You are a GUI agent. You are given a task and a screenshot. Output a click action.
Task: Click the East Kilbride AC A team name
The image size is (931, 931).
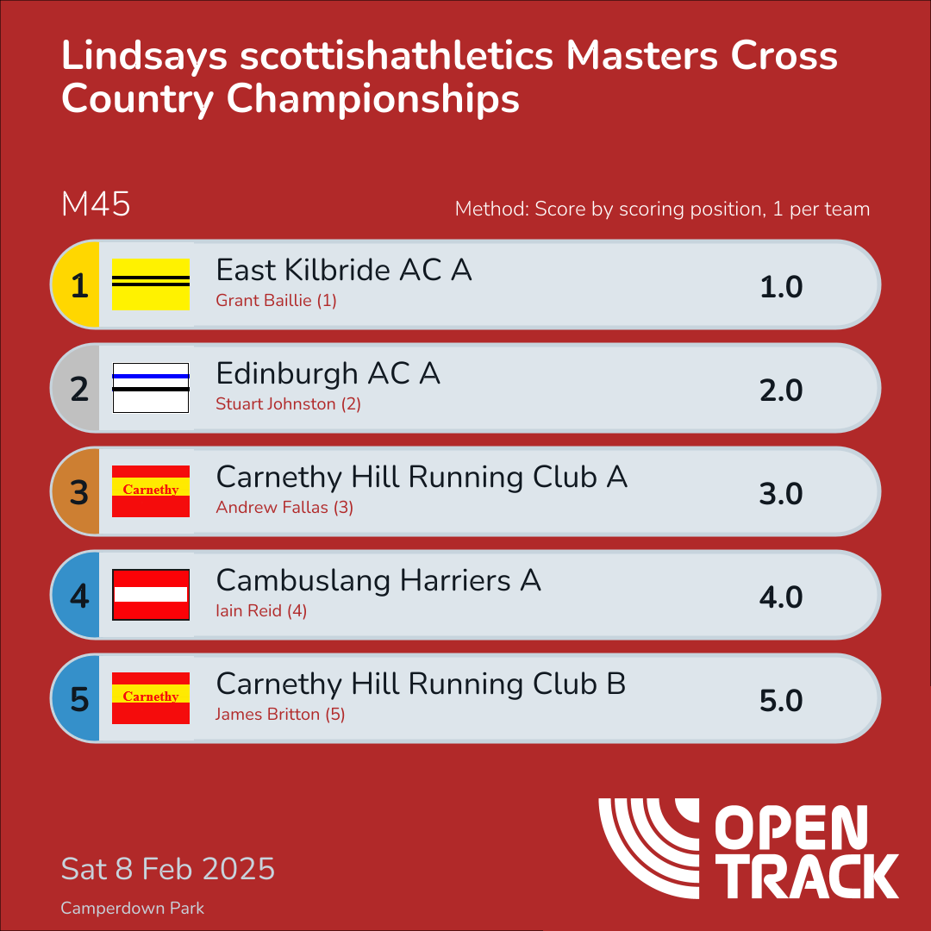pos(343,271)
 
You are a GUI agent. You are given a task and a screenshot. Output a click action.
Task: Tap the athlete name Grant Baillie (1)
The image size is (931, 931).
pos(276,301)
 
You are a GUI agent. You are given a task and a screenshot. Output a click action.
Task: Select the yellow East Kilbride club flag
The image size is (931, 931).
pos(151,284)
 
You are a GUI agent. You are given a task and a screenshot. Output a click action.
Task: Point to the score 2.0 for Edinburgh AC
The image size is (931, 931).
pos(781,390)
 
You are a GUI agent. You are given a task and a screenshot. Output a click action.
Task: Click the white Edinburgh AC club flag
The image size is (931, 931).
pos(151,388)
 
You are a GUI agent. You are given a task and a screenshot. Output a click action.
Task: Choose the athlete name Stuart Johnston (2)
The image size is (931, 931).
pos(288,404)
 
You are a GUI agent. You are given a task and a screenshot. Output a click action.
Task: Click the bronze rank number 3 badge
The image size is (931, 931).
pos(78,492)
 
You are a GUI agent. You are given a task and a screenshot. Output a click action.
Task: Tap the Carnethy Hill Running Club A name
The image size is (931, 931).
pos(421,478)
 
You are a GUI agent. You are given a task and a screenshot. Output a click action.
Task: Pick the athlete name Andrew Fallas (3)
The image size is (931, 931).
pos(284,508)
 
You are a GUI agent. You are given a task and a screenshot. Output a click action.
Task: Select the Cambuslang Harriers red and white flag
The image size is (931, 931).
pos(151,595)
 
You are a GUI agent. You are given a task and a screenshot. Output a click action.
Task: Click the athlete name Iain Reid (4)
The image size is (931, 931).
pos(261,611)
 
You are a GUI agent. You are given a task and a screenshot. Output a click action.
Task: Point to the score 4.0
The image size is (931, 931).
pos(781,597)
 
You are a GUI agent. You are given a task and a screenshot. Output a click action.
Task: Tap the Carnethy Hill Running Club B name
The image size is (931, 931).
pos(421,684)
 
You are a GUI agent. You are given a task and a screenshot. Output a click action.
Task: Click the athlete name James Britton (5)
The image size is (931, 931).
pos(280,715)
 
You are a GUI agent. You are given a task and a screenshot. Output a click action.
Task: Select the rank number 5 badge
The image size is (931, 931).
pos(78,699)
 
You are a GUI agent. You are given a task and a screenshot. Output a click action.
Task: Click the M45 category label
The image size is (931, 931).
pos(96,205)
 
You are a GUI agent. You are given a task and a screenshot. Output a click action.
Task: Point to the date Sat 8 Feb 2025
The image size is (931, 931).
pos(168,868)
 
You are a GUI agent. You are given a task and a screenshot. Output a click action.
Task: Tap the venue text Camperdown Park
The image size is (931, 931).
pos(133,909)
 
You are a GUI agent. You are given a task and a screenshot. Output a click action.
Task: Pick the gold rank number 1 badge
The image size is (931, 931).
pos(78,285)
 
